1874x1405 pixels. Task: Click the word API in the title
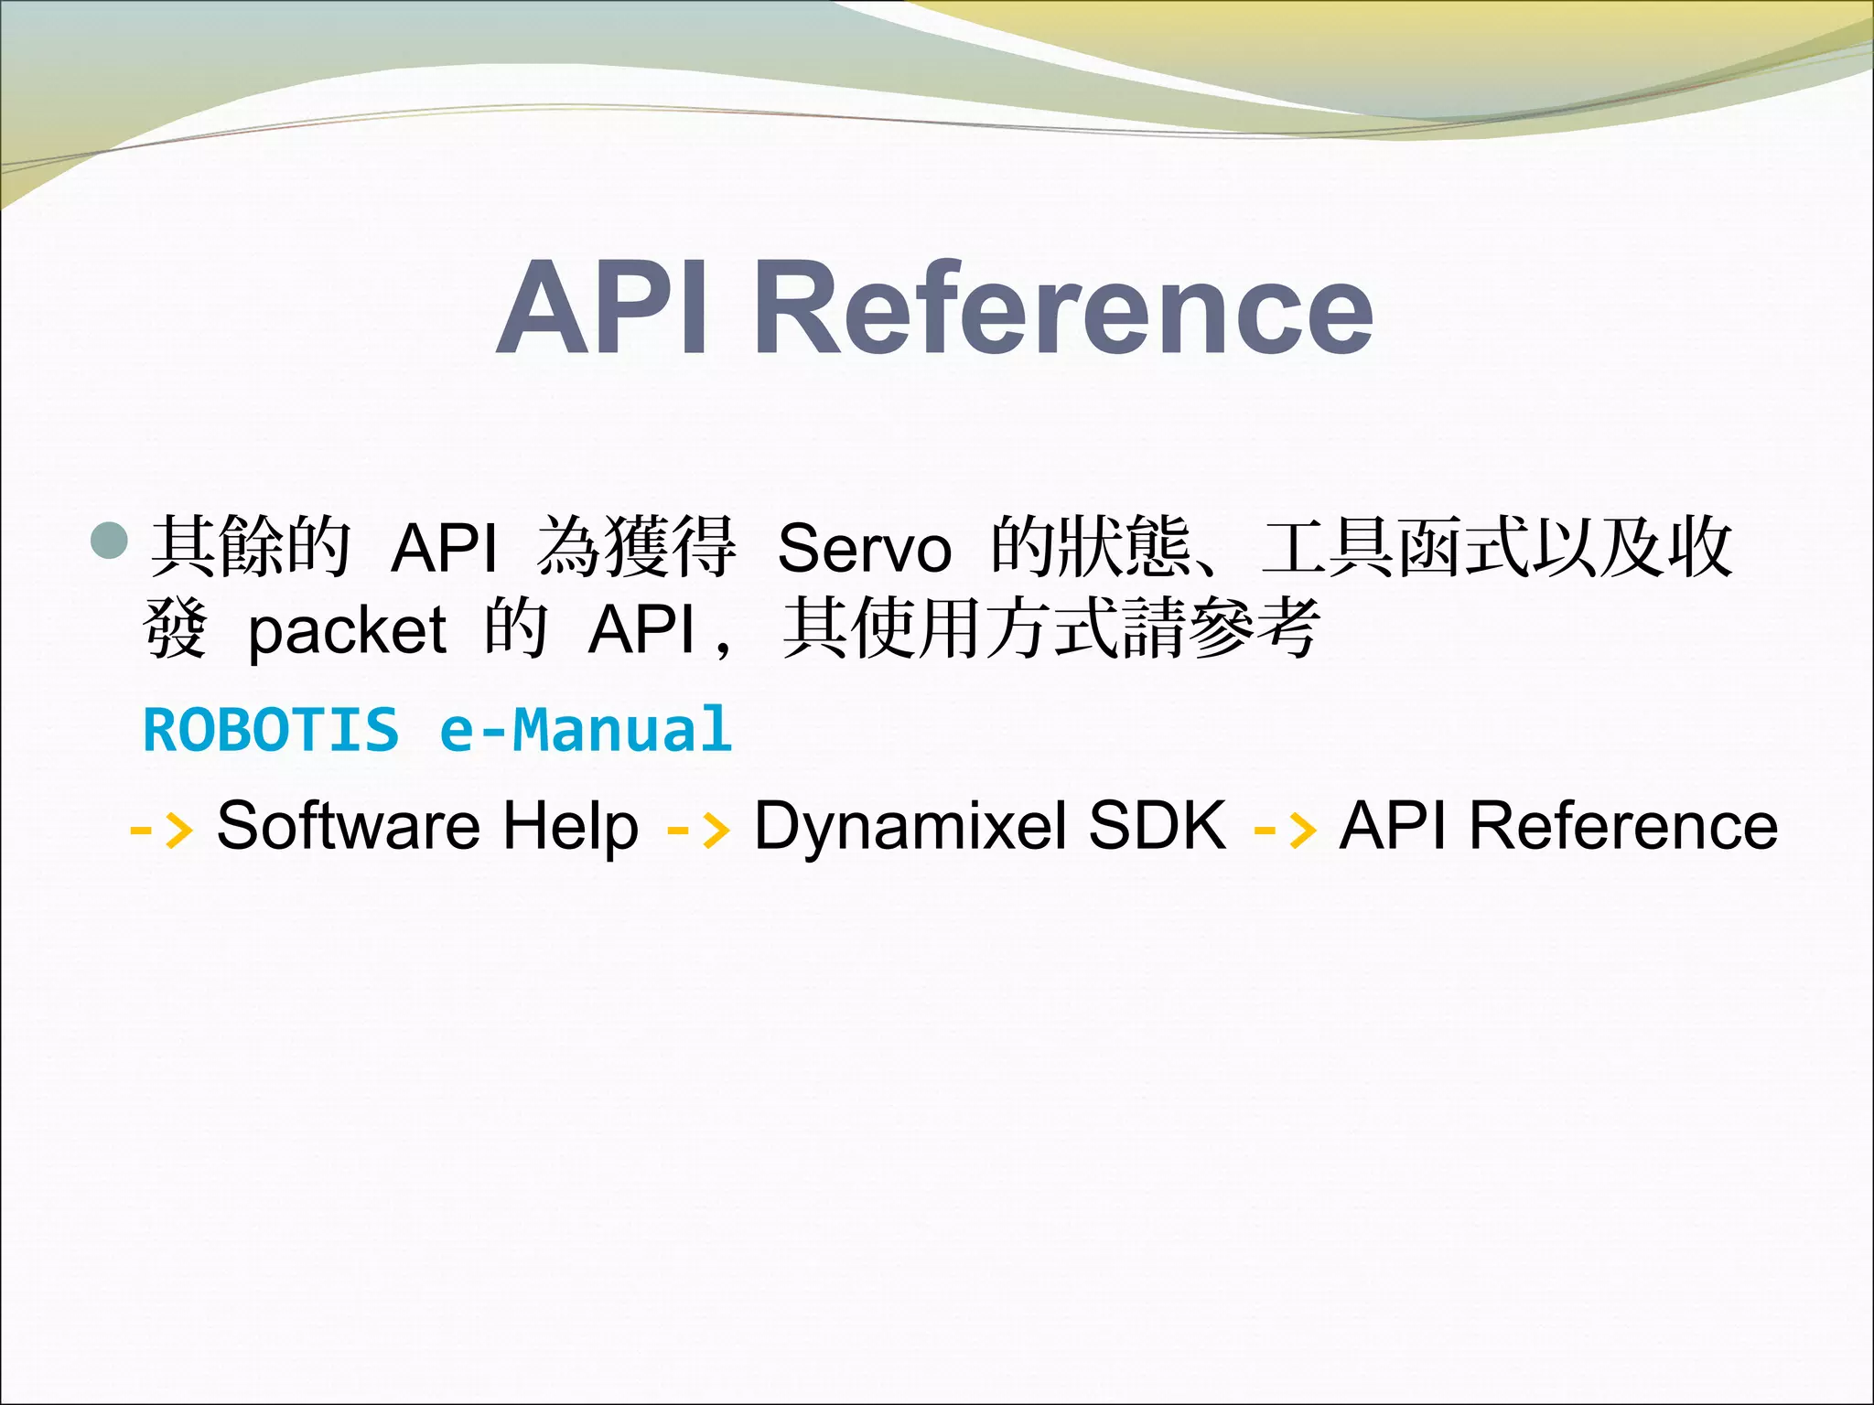point(604,308)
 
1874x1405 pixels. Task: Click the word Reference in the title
point(1063,308)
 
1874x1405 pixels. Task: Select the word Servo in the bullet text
point(864,548)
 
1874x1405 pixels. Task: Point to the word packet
point(347,631)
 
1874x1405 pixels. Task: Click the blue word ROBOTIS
point(272,730)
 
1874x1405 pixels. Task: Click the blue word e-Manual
point(586,730)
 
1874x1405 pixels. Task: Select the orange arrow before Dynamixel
point(699,829)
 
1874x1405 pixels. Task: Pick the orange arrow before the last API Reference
point(1285,829)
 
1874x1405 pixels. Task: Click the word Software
point(348,825)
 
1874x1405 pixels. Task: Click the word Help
point(571,825)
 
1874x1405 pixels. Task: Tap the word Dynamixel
point(910,825)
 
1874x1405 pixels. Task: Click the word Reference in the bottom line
point(1623,825)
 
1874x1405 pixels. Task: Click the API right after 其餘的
point(444,548)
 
